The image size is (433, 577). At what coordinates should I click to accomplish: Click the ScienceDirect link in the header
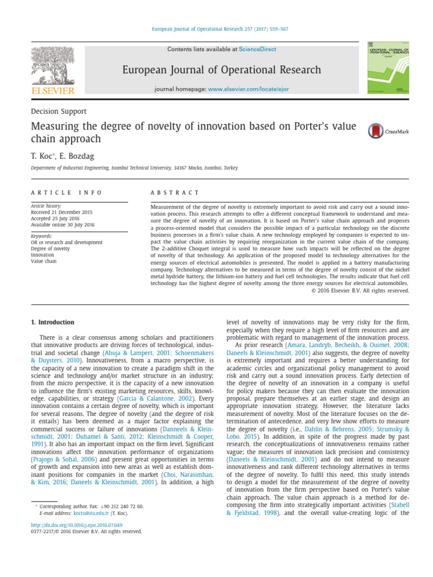pos(258,50)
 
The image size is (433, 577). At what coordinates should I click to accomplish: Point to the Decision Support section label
pos(59,111)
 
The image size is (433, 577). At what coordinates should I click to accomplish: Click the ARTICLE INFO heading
pos(67,193)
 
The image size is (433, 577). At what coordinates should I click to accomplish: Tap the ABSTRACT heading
pos(175,193)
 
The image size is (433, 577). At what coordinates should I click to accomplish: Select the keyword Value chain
pos(44,261)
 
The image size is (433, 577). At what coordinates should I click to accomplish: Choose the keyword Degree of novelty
pos(51,248)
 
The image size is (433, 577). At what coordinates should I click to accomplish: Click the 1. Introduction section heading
pos(52,322)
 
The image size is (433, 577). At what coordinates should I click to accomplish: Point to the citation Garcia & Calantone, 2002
pos(160,398)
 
